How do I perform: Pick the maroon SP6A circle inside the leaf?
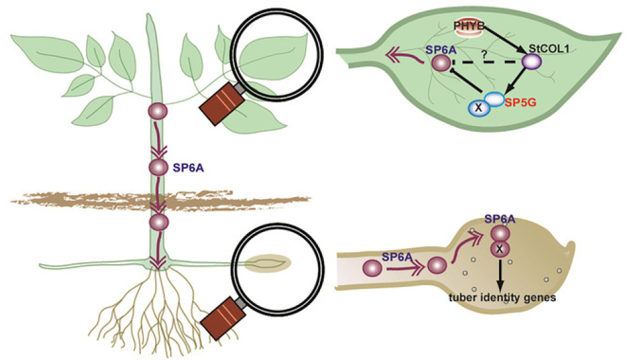441,63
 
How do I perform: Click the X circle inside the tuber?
500,249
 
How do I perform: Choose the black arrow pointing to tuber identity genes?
500,275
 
